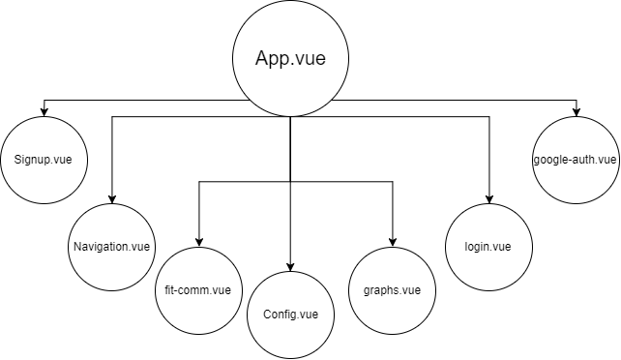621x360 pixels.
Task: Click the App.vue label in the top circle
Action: point(290,58)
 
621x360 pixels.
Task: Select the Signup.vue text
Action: point(44,158)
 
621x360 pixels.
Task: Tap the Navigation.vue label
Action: point(112,246)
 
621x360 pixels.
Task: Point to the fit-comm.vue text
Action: point(198,289)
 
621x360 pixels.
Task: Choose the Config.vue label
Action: point(290,315)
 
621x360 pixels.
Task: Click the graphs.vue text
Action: point(393,289)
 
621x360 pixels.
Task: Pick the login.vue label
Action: point(489,246)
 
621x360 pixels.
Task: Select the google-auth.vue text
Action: point(576,158)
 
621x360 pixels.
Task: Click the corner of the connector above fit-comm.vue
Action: point(198,181)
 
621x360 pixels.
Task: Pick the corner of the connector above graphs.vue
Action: point(393,181)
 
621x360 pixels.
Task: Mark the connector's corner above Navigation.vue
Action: point(112,117)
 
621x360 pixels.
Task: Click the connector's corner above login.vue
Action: point(489,117)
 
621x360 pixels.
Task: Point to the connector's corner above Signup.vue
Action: point(44,98)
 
